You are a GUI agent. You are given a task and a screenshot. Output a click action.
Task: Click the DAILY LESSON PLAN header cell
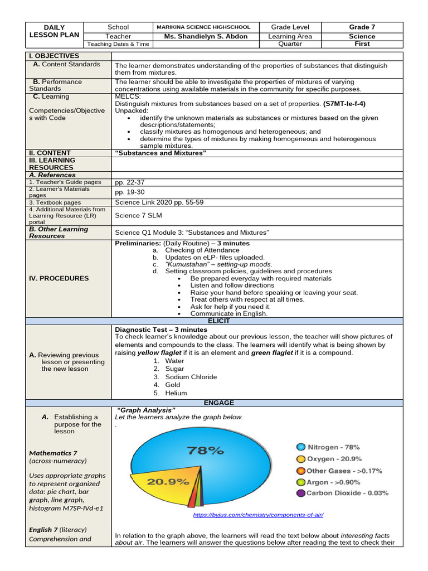(x=54, y=31)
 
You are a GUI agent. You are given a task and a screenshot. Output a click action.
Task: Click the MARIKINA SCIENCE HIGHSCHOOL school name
(x=203, y=27)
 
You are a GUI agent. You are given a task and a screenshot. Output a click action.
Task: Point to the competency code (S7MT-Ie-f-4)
(x=344, y=104)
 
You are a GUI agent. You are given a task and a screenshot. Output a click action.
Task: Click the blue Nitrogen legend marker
(x=301, y=447)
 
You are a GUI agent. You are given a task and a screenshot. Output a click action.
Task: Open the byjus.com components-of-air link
(x=258, y=515)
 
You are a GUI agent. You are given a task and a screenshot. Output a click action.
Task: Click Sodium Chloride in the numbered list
(x=191, y=377)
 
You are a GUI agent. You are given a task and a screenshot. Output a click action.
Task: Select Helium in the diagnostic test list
(x=176, y=393)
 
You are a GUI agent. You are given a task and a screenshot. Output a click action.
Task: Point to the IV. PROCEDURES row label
(x=59, y=278)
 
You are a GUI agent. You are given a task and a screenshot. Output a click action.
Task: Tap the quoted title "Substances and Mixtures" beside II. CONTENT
(x=160, y=153)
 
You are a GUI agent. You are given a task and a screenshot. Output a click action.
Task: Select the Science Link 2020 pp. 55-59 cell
(x=159, y=202)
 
